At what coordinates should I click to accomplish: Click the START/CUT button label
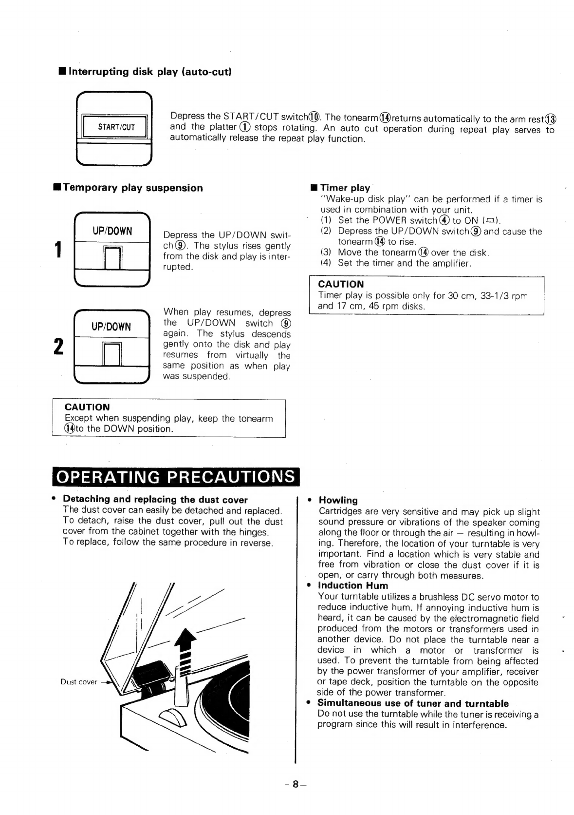[116, 127]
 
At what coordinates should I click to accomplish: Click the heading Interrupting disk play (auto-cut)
[149, 71]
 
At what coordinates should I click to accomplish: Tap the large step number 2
[58, 346]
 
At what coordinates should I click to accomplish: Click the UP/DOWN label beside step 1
[112, 231]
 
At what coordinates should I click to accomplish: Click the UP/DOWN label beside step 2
[111, 327]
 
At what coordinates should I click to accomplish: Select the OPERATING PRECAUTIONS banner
[176, 477]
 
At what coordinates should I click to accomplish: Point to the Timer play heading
[345, 188]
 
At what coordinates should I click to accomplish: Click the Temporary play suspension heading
[132, 188]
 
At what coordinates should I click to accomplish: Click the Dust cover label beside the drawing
[79, 682]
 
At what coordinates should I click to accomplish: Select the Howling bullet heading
[338, 500]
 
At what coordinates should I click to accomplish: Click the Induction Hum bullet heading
[353, 585]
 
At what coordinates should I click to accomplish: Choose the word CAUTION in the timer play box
[341, 284]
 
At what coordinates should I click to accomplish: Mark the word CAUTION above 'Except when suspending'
[87, 407]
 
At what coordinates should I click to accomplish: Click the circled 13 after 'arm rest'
[551, 119]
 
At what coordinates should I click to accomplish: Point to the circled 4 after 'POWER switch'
[444, 220]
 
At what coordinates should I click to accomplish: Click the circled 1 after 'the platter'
[245, 127]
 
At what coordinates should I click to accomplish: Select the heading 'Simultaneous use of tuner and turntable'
[413, 703]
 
